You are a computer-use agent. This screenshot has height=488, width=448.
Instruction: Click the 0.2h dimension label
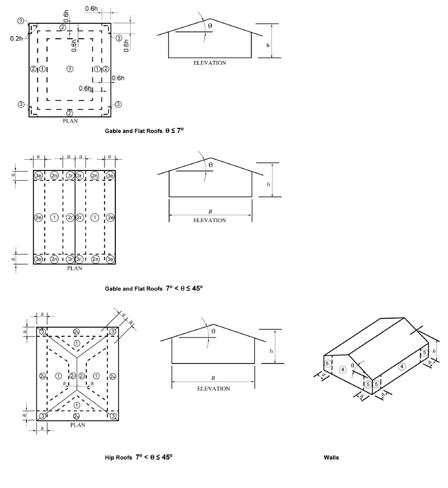(16, 38)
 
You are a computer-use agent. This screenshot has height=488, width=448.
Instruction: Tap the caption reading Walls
(331, 457)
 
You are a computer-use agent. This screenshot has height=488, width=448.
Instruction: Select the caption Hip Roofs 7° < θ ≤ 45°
(138, 457)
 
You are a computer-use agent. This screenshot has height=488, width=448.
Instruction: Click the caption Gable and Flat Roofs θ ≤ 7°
(144, 130)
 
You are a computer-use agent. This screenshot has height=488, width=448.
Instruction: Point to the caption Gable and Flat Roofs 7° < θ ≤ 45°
(153, 288)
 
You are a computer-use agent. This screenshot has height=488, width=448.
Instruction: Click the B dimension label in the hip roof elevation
(213, 377)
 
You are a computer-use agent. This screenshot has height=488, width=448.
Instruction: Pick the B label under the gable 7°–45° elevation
(210, 211)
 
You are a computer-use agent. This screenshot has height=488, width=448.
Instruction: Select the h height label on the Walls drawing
(433, 352)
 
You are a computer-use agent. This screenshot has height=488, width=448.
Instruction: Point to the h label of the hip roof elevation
(271, 351)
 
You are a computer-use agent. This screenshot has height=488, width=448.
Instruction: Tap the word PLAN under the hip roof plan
(78, 424)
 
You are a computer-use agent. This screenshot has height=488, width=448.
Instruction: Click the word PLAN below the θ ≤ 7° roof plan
(70, 120)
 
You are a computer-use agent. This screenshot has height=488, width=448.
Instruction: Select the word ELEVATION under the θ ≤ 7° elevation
(210, 62)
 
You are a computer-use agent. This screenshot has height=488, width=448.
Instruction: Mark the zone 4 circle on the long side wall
(401, 366)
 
